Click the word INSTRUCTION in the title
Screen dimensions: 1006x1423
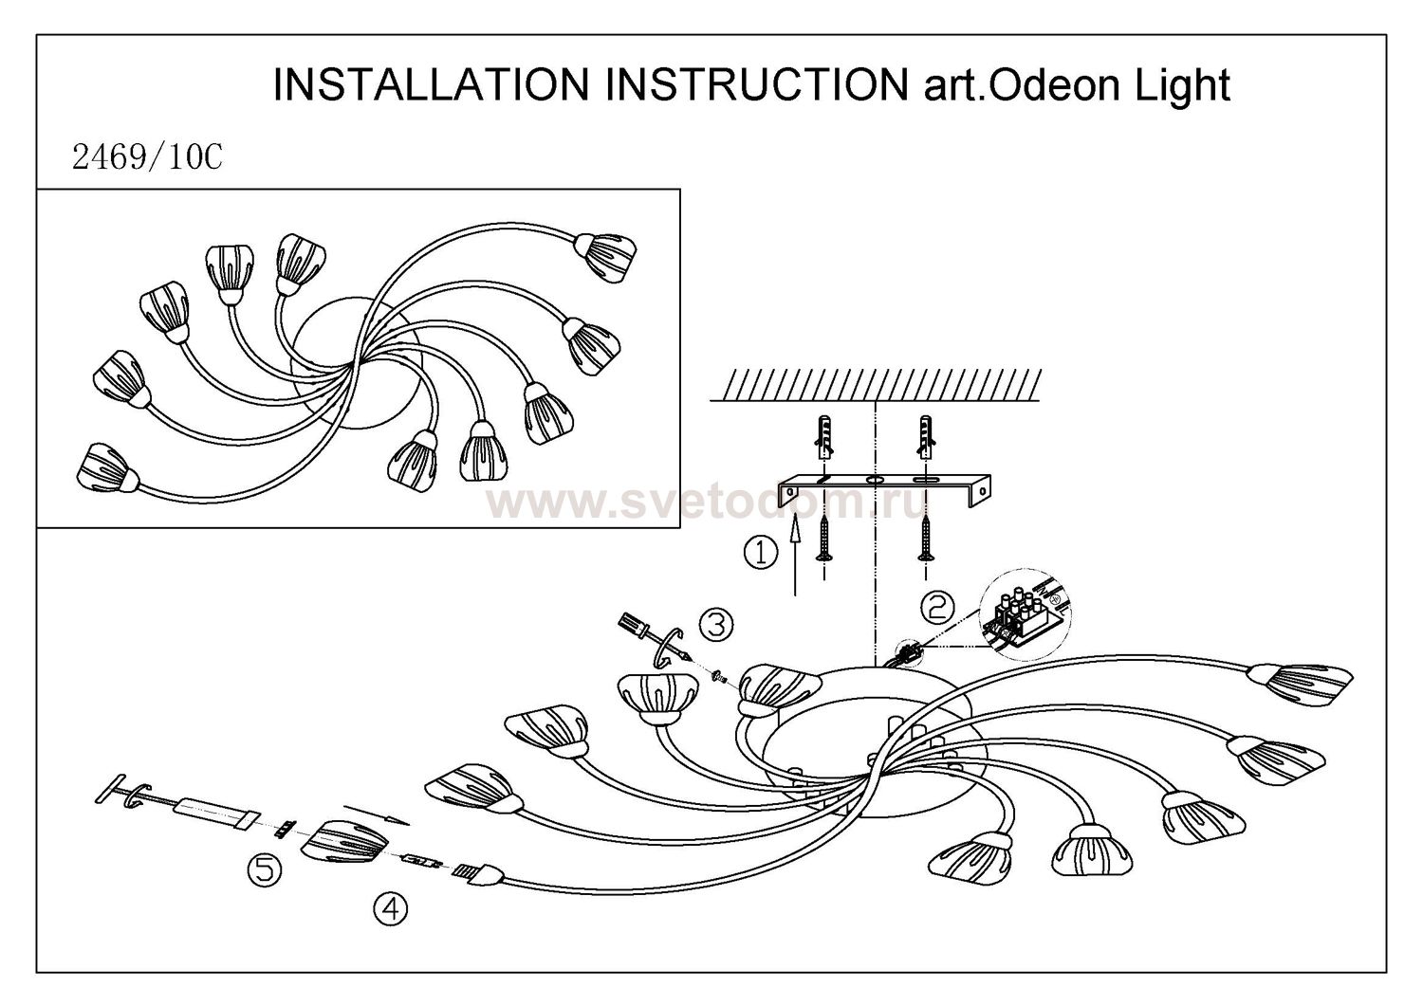[x=755, y=85]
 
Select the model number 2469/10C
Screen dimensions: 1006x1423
[x=147, y=158]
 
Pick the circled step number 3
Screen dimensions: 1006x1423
[x=716, y=624]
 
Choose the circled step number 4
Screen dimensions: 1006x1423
[x=390, y=909]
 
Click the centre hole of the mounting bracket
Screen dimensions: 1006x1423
[x=875, y=482]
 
